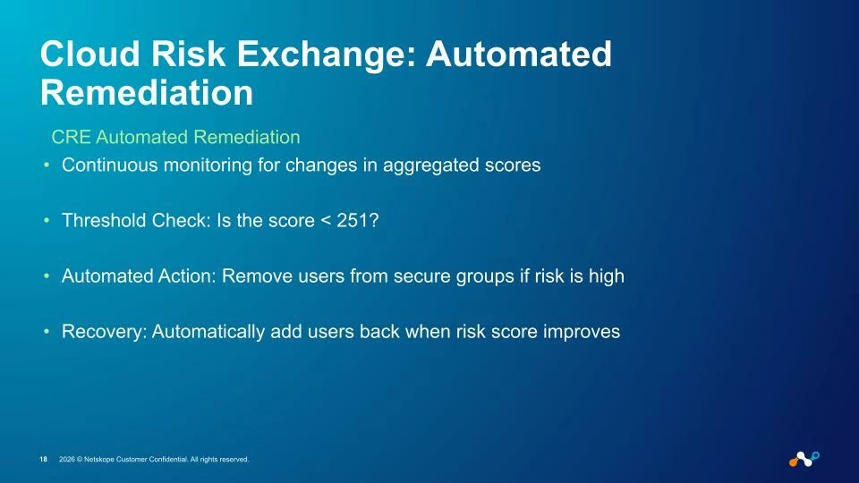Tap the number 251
tap(352, 220)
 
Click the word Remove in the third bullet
tap(257, 275)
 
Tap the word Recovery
tap(104, 332)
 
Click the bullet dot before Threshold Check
tap(47, 221)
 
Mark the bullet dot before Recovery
tap(47, 331)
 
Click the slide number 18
tap(43, 460)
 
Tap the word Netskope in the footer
tap(98, 460)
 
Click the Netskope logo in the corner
tap(804, 459)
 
